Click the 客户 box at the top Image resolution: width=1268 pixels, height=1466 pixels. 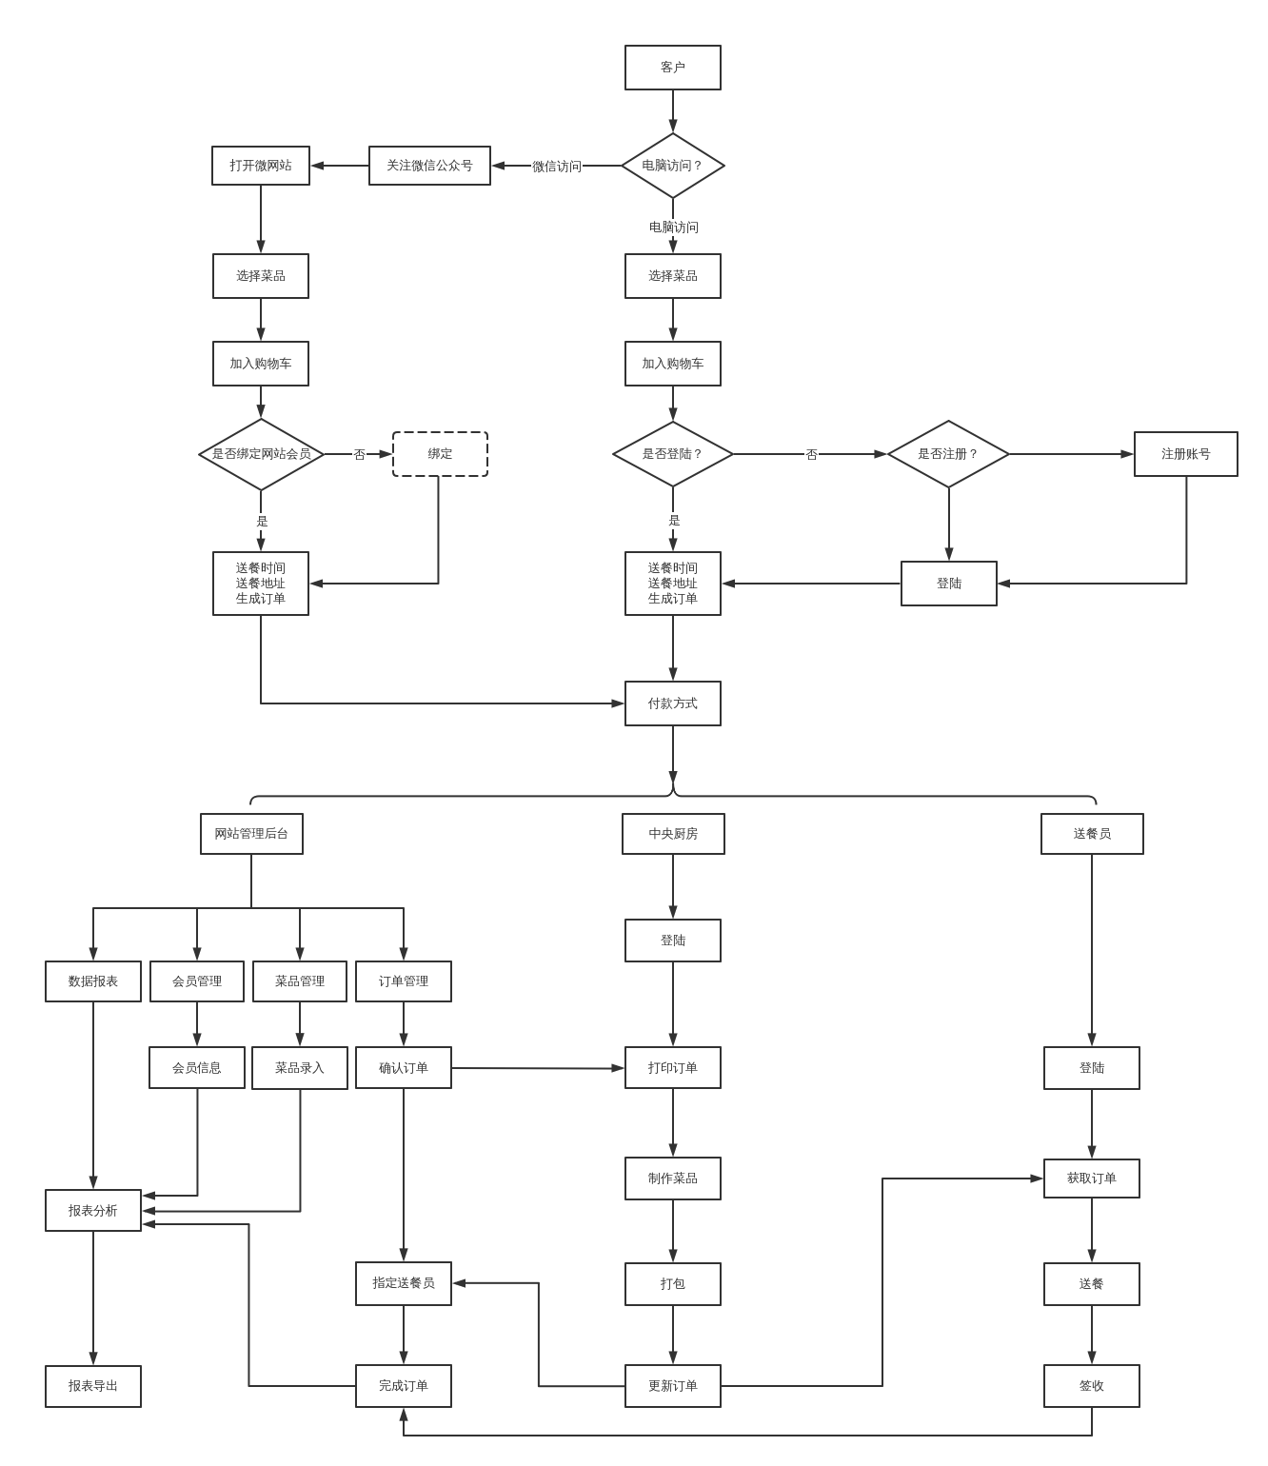pyautogui.click(x=672, y=68)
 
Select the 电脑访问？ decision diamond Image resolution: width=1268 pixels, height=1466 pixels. pyautogui.click(x=672, y=166)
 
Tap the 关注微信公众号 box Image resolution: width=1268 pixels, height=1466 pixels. pyautogui.click(x=429, y=166)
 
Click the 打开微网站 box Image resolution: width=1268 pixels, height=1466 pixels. pyautogui.click(x=260, y=166)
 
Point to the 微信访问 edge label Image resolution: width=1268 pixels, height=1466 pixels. pyautogui.click(x=556, y=167)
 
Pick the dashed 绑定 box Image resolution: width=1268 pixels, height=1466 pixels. pyautogui.click(x=440, y=454)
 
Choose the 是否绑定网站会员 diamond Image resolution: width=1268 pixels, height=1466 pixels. pyautogui.click(x=261, y=454)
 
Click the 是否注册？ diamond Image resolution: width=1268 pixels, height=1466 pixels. pyautogui.click(x=947, y=454)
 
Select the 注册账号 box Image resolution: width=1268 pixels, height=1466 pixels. pyautogui.click(x=1185, y=454)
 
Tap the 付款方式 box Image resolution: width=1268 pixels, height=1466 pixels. pyautogui.click(x=672, y=703)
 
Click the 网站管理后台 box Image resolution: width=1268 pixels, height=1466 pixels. pyautogui.click(x=251, y=834)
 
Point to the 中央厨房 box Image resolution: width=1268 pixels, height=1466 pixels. pyautogui.click(x=672, y=834)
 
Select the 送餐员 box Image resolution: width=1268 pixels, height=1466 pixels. pyautogui.click(x=1091, y=834)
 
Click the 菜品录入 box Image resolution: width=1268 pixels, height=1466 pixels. pyautogui.click(x=299, y=1068)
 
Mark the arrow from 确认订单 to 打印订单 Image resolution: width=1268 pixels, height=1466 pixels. pyautogui.click(x=538, y=1068)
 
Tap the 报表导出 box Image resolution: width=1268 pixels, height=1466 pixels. pyautogui.click(x=92, y=1386)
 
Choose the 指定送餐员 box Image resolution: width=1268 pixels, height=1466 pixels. pyautogui.click(x=403, y=1283)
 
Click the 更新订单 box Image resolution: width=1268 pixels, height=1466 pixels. pyautogui.click(x=672, y=1386)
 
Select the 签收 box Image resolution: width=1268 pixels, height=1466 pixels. pyautogui.click(x=1091, y=1386)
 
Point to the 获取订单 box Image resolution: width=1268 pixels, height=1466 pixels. pyautogui.click(x=1091, y=1179)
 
